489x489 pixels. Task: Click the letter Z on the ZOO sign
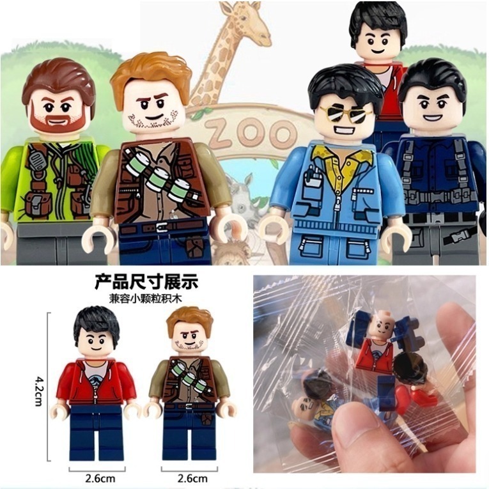click(219, 135)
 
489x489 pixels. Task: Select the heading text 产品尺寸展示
click(146, 281)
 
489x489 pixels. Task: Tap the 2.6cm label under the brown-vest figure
click(192, 477)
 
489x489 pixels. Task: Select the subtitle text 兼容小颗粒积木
click(146, 297)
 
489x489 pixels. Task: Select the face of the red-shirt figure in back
click(378, 42)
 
